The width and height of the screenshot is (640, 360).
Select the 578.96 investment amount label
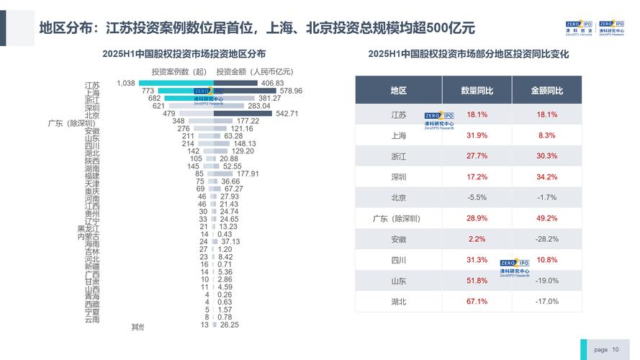pos(291,91)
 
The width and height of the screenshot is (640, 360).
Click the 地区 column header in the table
pos(398,91)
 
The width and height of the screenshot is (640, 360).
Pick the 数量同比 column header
pos(477,91)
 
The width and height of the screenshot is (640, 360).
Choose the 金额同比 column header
pos(546,91)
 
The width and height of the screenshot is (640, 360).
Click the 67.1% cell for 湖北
pos(477,302)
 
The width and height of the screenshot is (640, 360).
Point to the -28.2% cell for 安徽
pos(546,239)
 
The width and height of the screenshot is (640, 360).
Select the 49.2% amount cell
pos(546,218)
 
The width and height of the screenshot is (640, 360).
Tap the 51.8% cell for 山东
pos(477,281)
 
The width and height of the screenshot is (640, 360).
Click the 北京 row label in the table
pos(398,197)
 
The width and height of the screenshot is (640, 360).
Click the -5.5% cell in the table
pos(477,197)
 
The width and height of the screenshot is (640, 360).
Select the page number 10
pos(616,349)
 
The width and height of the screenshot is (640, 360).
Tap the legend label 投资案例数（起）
pos(179,71)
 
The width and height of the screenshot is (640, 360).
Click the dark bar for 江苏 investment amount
pos(238,84)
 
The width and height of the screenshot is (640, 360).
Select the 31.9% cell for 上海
pos(477,135)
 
